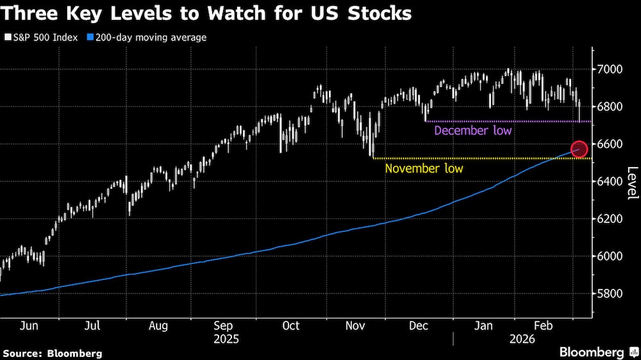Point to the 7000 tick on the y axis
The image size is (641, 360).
(x=610, y=69)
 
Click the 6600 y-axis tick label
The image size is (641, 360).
(x=610, y=144)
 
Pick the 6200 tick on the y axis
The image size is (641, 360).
(x=610, y=219)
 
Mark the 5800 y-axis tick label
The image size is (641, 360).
(x=610, y=294)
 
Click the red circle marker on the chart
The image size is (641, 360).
(x=579, y=149)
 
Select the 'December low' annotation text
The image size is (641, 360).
(x=473, y=131)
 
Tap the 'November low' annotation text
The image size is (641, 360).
(x=424, y=168)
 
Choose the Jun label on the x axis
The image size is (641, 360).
(x=29, y=325)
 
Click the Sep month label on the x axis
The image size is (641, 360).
(x=224, y=325)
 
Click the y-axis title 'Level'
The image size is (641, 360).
(x=633, y=183)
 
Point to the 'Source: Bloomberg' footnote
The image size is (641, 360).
(x=53, y=353)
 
